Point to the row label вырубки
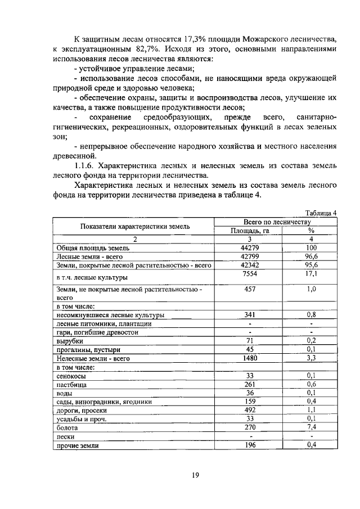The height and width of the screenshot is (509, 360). point(70,341)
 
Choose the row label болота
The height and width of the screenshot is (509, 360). point(67,427)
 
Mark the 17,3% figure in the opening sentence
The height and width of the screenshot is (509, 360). point(195,39)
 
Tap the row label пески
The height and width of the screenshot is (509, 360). point(66,436)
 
